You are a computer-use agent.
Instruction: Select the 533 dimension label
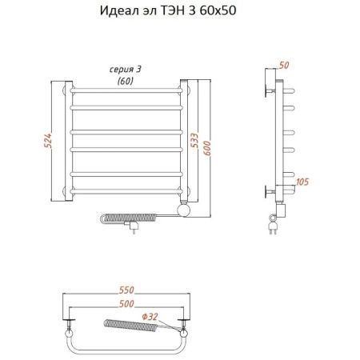point(196,142)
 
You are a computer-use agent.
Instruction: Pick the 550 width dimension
point(126,290)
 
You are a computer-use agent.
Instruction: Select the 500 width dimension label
point(126,303)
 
